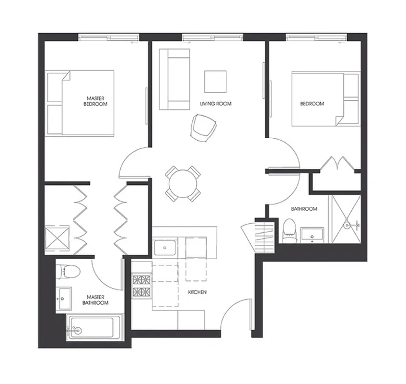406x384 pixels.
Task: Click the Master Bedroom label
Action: (x=95, y=101)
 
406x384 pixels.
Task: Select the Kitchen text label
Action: (x=197, y=292)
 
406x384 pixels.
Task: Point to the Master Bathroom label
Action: (x=95, y=300)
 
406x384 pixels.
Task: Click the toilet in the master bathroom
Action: (x=64, y=272)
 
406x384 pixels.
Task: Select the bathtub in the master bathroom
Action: (x=92, y=327)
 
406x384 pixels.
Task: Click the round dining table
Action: (x=183, y=183)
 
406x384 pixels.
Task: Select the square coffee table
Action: (x=215, y=81)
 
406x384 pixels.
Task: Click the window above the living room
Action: (x=212, y=37)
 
